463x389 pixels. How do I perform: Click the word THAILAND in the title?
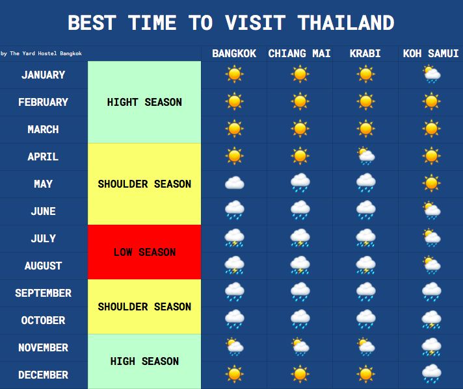[x=346, y=23]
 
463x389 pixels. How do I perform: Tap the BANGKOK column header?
[x=234, y=53]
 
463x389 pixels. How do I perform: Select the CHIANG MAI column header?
[x=299, y=53]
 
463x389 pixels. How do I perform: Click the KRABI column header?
[x=365, y=53]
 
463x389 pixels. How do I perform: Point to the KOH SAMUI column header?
[x=431, y=53]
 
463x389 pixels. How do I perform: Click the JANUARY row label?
[x=43, y=75]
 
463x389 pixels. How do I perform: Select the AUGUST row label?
[x=43, y=266]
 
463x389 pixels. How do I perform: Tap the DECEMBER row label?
[x=43, y=375]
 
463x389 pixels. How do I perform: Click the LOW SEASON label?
[x=144, y=252]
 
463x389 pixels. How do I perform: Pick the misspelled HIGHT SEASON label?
[x=144, y=102]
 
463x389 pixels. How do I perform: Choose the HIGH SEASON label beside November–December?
[x=144, y=361]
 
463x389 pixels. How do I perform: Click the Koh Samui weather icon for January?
[x=431, y=74]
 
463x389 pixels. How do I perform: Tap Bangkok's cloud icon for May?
[x=235, y=183]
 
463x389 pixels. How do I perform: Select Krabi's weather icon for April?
[x=366, y=156]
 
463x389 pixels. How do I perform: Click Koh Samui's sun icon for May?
[x=431, y=183]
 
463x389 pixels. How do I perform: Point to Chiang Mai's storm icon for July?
[x=300, y=238]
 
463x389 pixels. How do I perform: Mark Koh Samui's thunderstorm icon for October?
[x=431, y=320]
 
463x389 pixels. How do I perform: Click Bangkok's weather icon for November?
[x=235, y=347]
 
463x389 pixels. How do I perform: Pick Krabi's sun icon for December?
[x=366, y=374]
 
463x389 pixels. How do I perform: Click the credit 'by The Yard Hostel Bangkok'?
[x=41, y=53]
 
